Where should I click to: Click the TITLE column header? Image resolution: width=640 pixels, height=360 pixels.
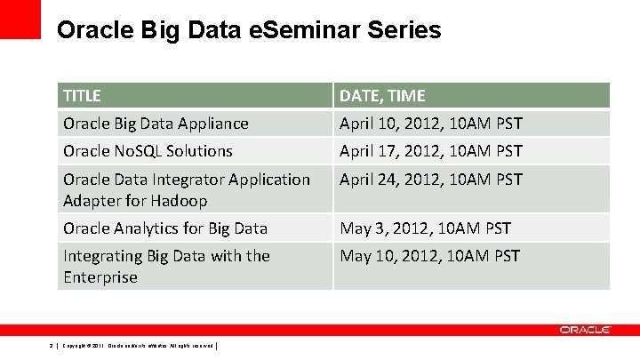click(x=82, y=95)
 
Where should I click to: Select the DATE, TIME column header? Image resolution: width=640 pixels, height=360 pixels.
click(x=382, y=95)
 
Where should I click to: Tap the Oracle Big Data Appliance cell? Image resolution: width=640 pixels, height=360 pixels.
click(x=156, y=124)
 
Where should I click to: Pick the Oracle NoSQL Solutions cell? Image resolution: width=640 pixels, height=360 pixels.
click(x=148, y=151)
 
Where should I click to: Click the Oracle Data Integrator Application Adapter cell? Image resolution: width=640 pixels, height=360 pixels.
click(x=187, y=189)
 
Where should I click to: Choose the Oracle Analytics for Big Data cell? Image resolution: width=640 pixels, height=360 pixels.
click(x=164, y=228)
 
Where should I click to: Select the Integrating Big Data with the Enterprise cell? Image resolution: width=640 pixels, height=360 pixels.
click(x=166, y=266)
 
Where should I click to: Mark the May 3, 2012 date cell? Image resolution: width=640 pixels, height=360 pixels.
click(x=426, y=228)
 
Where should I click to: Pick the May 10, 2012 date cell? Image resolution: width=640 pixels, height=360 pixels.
click(x=430, y=256)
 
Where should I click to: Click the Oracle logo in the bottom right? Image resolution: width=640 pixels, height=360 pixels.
click(x=585, y=330)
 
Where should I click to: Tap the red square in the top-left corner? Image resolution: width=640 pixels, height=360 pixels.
click(x=20, y=19)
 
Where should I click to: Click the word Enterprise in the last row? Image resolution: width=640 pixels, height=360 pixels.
click(x=100, y=277)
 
